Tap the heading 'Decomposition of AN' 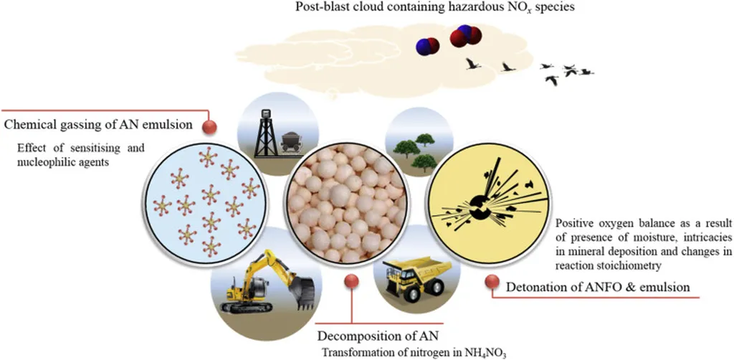coord(380,336)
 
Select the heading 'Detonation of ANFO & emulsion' coord(598,288)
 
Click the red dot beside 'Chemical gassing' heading coord(209,128)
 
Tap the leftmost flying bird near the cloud coord(472,65)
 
